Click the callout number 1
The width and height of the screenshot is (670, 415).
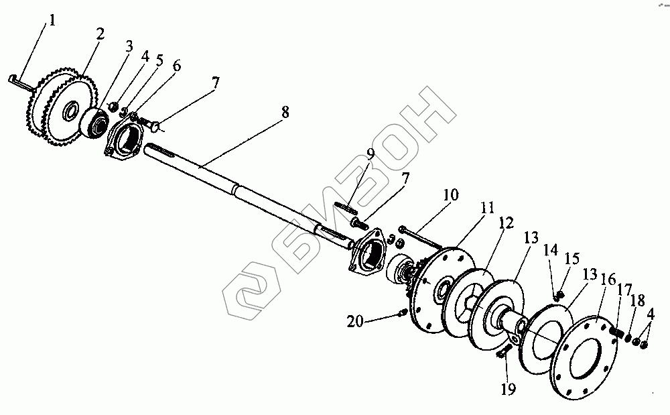[52, 19]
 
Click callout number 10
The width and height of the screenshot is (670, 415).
[451, 195]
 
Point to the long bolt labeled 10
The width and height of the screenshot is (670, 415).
[419, 235]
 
